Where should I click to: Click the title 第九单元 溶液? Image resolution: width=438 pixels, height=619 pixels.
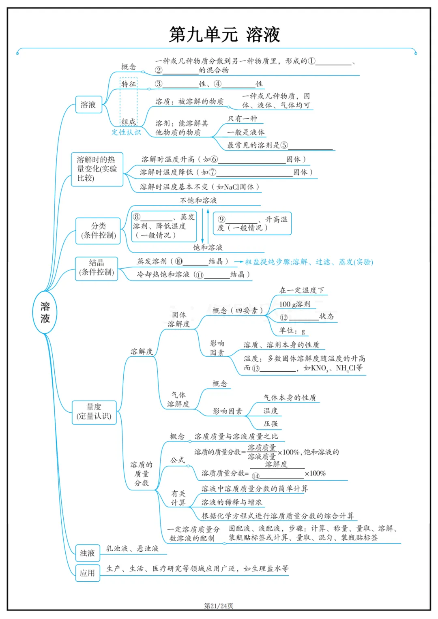click(x=224, y=34)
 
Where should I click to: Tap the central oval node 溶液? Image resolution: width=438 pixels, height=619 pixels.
click(x=45, y=313)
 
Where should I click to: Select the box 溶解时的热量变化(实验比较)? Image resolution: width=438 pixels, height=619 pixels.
click(x=97, y=169)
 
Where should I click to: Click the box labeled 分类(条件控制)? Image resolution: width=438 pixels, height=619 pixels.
click(x=98, y=231)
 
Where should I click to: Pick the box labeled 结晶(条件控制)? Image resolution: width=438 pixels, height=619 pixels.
click(x=97, y=268)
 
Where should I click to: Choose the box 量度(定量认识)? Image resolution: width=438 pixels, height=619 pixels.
click(x=94, y=411)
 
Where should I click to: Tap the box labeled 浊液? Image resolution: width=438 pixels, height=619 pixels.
click(x=87, y=553)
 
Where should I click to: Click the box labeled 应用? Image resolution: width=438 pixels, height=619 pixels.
click(x=87, y=573)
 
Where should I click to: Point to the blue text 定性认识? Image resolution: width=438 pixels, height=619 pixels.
click(x=126, y=132)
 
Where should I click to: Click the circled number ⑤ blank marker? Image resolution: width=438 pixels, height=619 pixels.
click(x=284, y=145)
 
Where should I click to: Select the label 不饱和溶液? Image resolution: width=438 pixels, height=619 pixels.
click(x=198, y=200)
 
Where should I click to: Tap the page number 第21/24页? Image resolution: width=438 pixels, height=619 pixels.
click(x=219, y=606)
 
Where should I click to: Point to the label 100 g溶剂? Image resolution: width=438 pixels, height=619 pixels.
click(x=294, y=304)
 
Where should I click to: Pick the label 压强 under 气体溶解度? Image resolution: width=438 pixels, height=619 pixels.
click(x=271, y=424)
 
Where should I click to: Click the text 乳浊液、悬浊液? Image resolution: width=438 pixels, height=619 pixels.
click(x=132, y=548)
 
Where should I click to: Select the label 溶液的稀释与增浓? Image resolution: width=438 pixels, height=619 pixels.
click(x=232, y=502)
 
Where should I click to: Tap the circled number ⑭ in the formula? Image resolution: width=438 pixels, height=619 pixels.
click(x=255, y=476)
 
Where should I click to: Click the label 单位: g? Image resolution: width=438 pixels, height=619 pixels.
click(x=292, y=331)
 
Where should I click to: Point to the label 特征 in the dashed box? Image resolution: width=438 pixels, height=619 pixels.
click(x=129, y=84)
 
